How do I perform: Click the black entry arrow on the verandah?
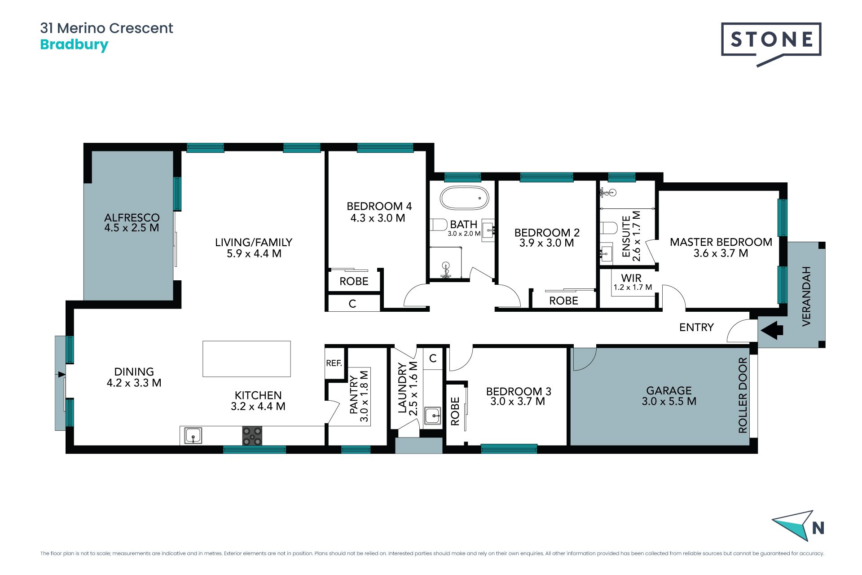point(773,330)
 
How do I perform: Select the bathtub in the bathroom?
point(464,198)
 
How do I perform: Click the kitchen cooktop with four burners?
point(252,436)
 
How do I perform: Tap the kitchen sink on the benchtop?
point(193,435)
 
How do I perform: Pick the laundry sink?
point(433,416)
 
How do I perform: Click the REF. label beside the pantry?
point(334,363)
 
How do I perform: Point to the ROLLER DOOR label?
point(743,395)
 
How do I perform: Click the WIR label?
point(631,278)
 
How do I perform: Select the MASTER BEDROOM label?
point(721,242)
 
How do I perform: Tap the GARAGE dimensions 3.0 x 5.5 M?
point(669,402)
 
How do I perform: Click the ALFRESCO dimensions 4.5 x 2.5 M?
point(132,228)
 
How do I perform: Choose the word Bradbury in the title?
point(74,45)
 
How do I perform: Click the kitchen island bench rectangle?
point(246,358)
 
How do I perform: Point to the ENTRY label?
point(696,327)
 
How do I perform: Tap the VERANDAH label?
point(806,296)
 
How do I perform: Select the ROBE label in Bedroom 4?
point(354,282)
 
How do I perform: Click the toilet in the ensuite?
point(609,228)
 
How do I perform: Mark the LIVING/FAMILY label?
point(254,243)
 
